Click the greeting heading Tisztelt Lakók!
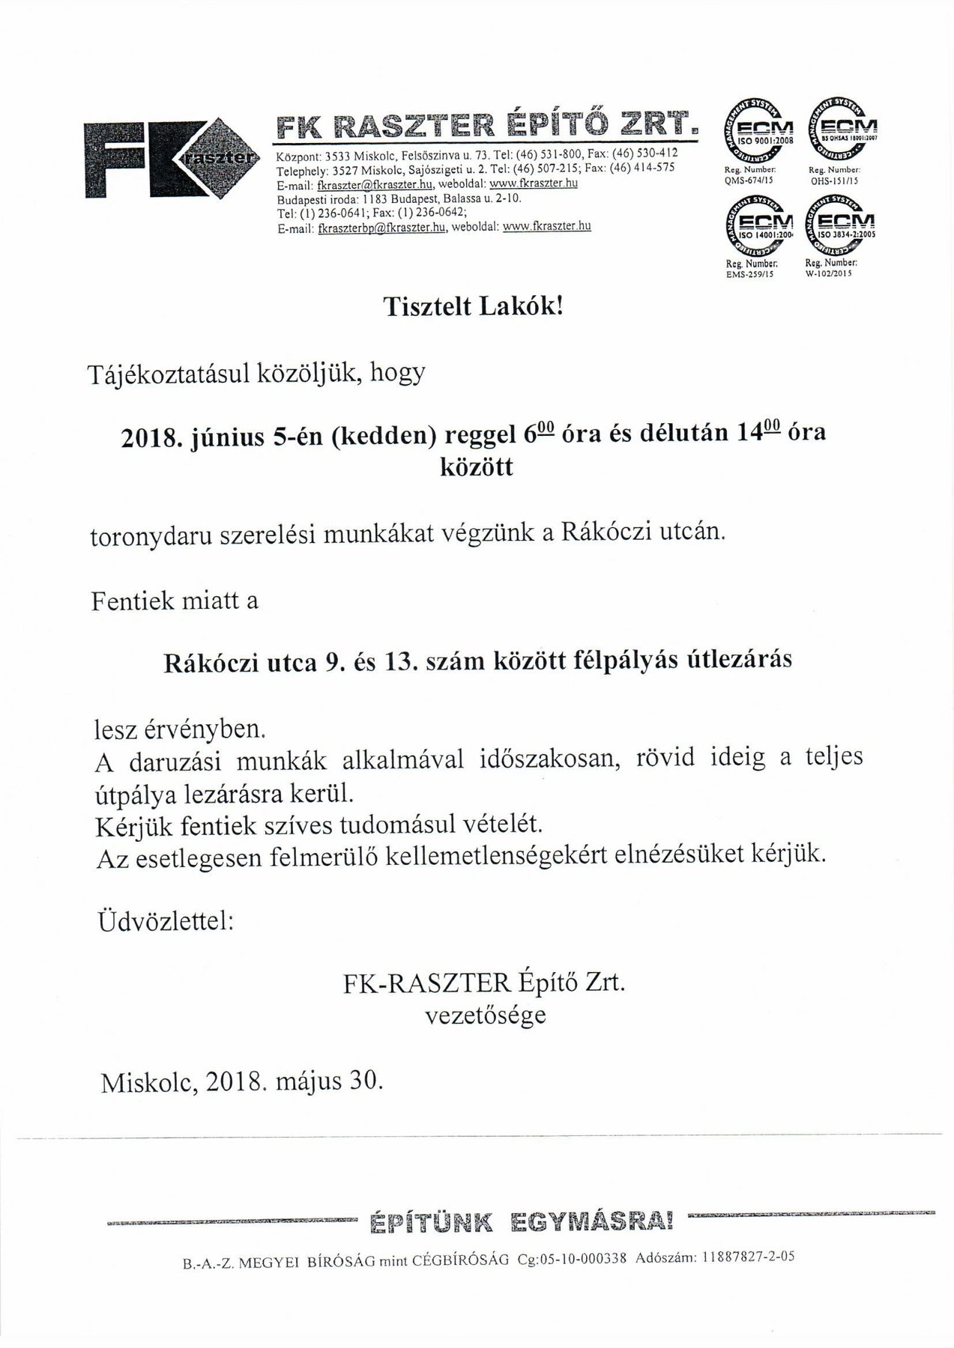[x=472, y=307]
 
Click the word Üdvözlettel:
[x=166, y=923]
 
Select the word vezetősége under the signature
[x=485, y=1016]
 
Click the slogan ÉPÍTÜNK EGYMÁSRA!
[x=522, y=1221]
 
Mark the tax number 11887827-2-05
[x=748, y=1257]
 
